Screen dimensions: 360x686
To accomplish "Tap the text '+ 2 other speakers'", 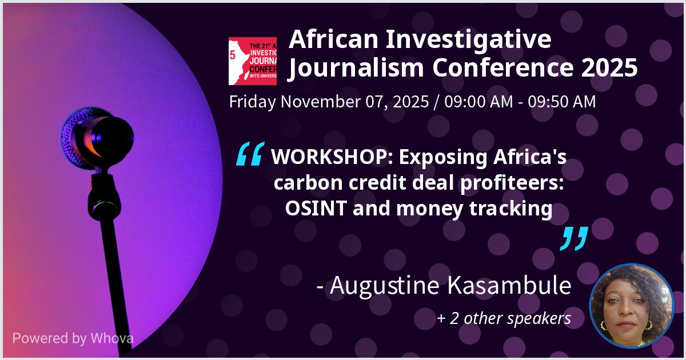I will pyautogui.click(x=504, y=318).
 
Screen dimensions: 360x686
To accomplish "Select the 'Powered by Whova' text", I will pyautogui.click(x=73, y=338).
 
